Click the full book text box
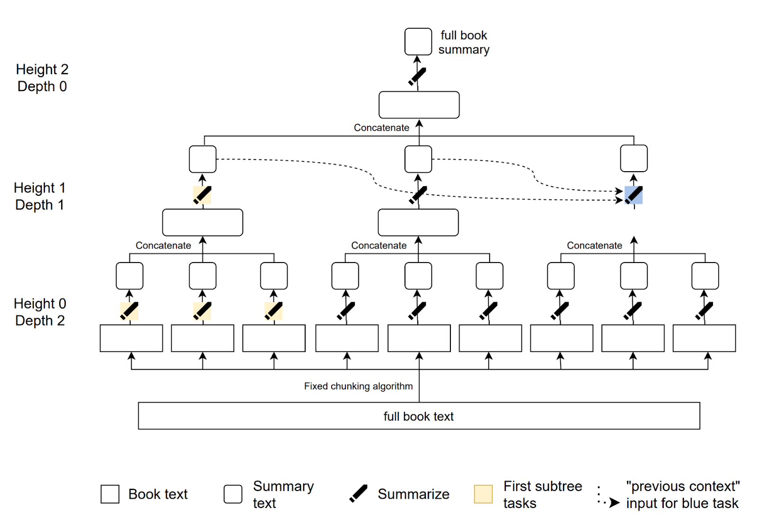tap(419, 416)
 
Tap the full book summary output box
tap(418, 42)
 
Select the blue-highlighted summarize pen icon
tap(634, 195)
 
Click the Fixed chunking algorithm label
tap(358, 386)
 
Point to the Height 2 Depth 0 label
tap(42, 78)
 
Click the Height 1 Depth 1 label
tap(40, 196)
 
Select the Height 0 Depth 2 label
tap(40, 312)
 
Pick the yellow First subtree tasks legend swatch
tap(483, 494)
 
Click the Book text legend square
tap(110, 494)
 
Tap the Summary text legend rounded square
tap(233, 494)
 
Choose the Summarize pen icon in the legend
tap(359, 493)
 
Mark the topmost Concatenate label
tap(381, 128)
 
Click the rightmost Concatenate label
tap(594, 245)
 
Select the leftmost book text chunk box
tap(132, 338)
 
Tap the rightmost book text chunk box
tap(704, 338)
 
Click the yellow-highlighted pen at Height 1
tap(202, 195)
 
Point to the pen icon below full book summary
tap(417, 77)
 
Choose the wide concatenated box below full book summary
tap(419, 105)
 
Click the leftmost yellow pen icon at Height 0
tap(129, 311)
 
